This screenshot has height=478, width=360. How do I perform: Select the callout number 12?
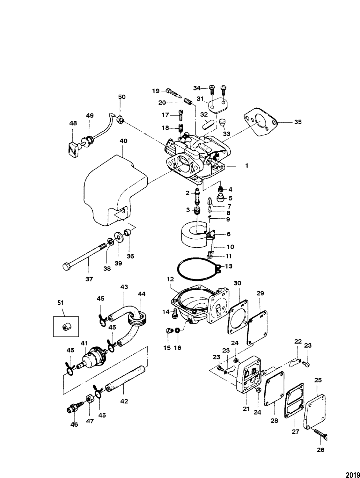[170, 279]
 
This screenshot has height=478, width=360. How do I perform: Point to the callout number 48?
[73, 123]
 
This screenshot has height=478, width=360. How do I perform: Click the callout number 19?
[156, 91]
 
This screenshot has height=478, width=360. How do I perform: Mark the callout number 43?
[124, 287]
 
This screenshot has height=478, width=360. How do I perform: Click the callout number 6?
[228, 234]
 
